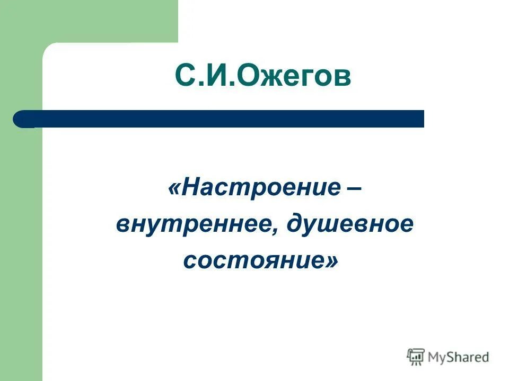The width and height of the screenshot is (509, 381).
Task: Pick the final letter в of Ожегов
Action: pos(342,79)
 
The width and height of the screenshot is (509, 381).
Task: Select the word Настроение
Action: pos(260,188)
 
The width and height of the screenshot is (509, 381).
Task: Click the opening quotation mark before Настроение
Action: pos(174,189)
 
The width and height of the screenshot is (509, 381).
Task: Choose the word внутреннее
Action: pos(196,225)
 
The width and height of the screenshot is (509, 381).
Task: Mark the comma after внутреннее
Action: pos(278,232)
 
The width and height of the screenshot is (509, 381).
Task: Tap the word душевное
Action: pos(349,225)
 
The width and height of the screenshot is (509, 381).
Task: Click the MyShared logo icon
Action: pos(416,357)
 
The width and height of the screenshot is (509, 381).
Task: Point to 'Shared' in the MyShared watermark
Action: pos(469,357)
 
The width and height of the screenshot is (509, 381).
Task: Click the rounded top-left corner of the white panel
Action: pos(49,49)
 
